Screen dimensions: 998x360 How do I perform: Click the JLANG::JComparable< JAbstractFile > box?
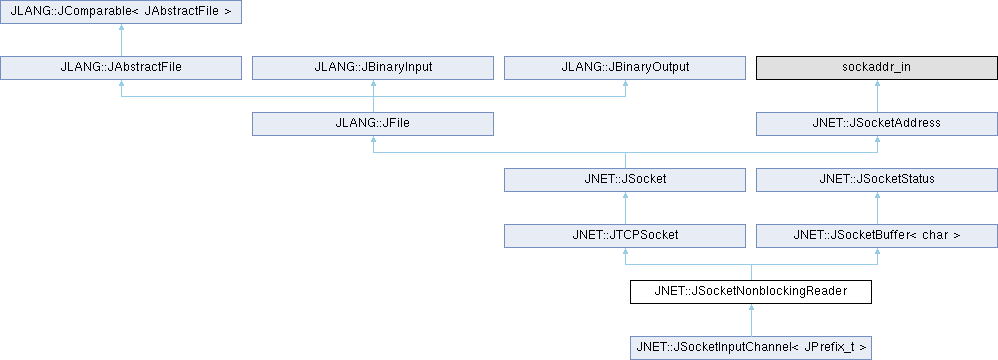(121, 12)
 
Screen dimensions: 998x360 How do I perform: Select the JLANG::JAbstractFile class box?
(121, 68)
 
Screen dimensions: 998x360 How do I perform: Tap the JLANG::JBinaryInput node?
(373, 68)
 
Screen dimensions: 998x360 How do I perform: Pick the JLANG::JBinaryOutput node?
(625, 68)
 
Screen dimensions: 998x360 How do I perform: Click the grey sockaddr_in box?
(877, 68)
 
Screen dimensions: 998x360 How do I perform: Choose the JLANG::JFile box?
(373, 124)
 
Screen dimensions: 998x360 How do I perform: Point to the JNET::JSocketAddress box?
(877, 124)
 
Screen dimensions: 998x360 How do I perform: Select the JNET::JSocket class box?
(625, 180)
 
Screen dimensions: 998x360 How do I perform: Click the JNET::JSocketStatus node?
(877, 180)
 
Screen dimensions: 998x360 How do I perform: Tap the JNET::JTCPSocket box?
(625, 236)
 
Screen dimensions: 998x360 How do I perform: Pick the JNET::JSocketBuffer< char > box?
(877, 236)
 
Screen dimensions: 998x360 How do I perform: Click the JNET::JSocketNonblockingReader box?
(751, 292)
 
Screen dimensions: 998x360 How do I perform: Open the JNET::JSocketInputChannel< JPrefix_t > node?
(751, 348)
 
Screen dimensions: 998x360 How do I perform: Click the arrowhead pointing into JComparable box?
(121, 28)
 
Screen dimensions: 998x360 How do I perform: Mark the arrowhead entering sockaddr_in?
(877, 84)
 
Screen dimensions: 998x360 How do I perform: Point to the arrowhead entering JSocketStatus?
(877, 196)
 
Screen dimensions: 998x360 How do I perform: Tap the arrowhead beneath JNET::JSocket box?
(625, 196)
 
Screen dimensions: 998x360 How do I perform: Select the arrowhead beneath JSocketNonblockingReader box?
(751, 308)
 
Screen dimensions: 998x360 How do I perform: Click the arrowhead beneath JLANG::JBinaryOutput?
(625, 84)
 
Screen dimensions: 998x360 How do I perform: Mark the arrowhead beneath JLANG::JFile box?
(373, 140)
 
